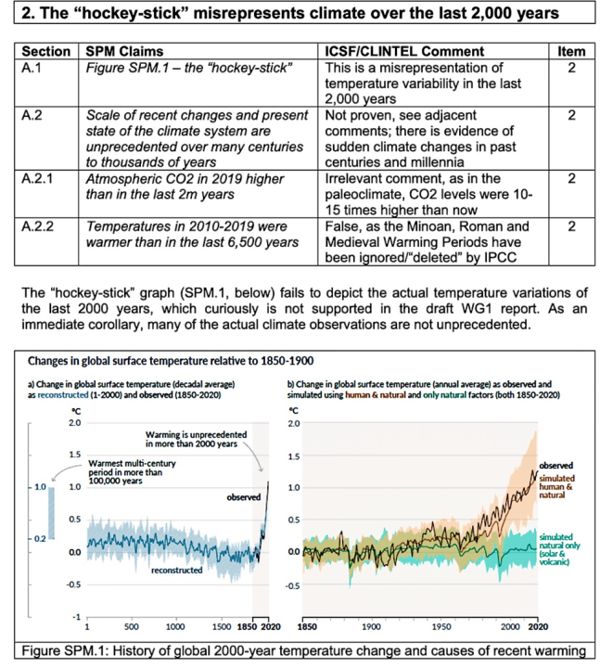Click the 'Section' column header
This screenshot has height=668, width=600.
[x=45, y=52]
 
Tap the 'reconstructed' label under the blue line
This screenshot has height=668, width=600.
[x=176, y=571]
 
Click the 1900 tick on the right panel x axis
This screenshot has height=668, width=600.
[x=373, y=625]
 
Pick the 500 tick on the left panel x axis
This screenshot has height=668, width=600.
[x=132, y=625]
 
